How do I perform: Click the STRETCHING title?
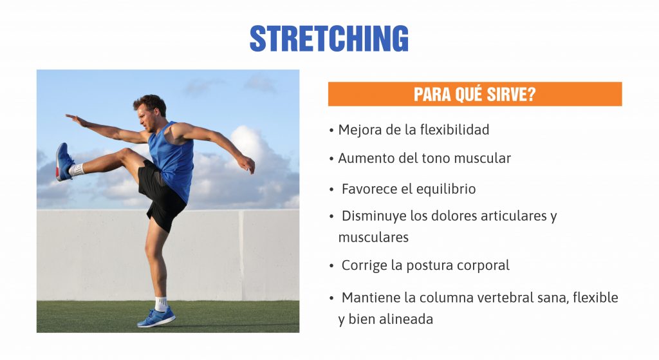pos(329,38)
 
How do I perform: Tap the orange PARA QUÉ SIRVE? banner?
pos(475,94)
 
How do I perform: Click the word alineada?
pos(406,319)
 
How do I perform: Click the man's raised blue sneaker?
pos(64,162)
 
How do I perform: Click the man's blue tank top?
pos(172,162)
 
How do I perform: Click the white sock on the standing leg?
pos(161,303)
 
